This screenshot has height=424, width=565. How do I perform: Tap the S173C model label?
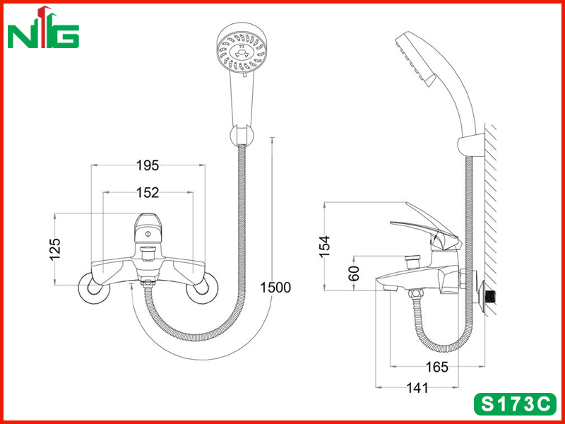[x=515, y=404]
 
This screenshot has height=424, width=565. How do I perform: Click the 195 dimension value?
[x=148, y=165]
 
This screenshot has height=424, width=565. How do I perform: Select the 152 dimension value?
[x=148, y=192]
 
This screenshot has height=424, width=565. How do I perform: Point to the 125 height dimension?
[x=55, y=249]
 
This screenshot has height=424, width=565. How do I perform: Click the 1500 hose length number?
[x=275, y=288]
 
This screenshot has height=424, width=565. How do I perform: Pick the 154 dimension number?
[x=325, y=246]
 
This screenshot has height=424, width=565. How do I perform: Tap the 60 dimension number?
[x=355, y=273]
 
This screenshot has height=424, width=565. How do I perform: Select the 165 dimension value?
[x=437, y=367]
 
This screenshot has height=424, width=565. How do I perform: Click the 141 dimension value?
[x=417, y=388]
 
